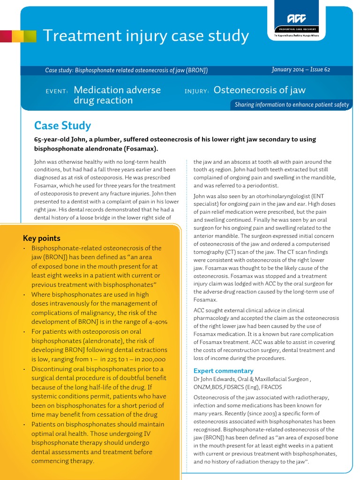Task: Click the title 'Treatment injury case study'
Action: [x=145, y=36]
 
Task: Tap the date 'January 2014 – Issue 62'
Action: [x=300, y=69]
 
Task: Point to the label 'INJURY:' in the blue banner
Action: [x=196, y=91]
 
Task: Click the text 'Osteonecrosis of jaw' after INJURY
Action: [x=259, y=90]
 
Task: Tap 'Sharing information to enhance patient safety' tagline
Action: [x=292, y=105]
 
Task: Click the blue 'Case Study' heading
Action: [x=62, y=126]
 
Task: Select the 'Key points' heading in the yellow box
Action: [x=42, y=238]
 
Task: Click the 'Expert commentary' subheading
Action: [x=224, y=370]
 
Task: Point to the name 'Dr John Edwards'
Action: [x=216, y=379]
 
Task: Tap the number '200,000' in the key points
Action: [x=151, y=359]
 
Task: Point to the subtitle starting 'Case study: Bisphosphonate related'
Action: [x=126, y=70]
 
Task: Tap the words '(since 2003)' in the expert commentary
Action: [x=247, y=413]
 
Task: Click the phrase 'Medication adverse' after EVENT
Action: [x=117, y=90]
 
